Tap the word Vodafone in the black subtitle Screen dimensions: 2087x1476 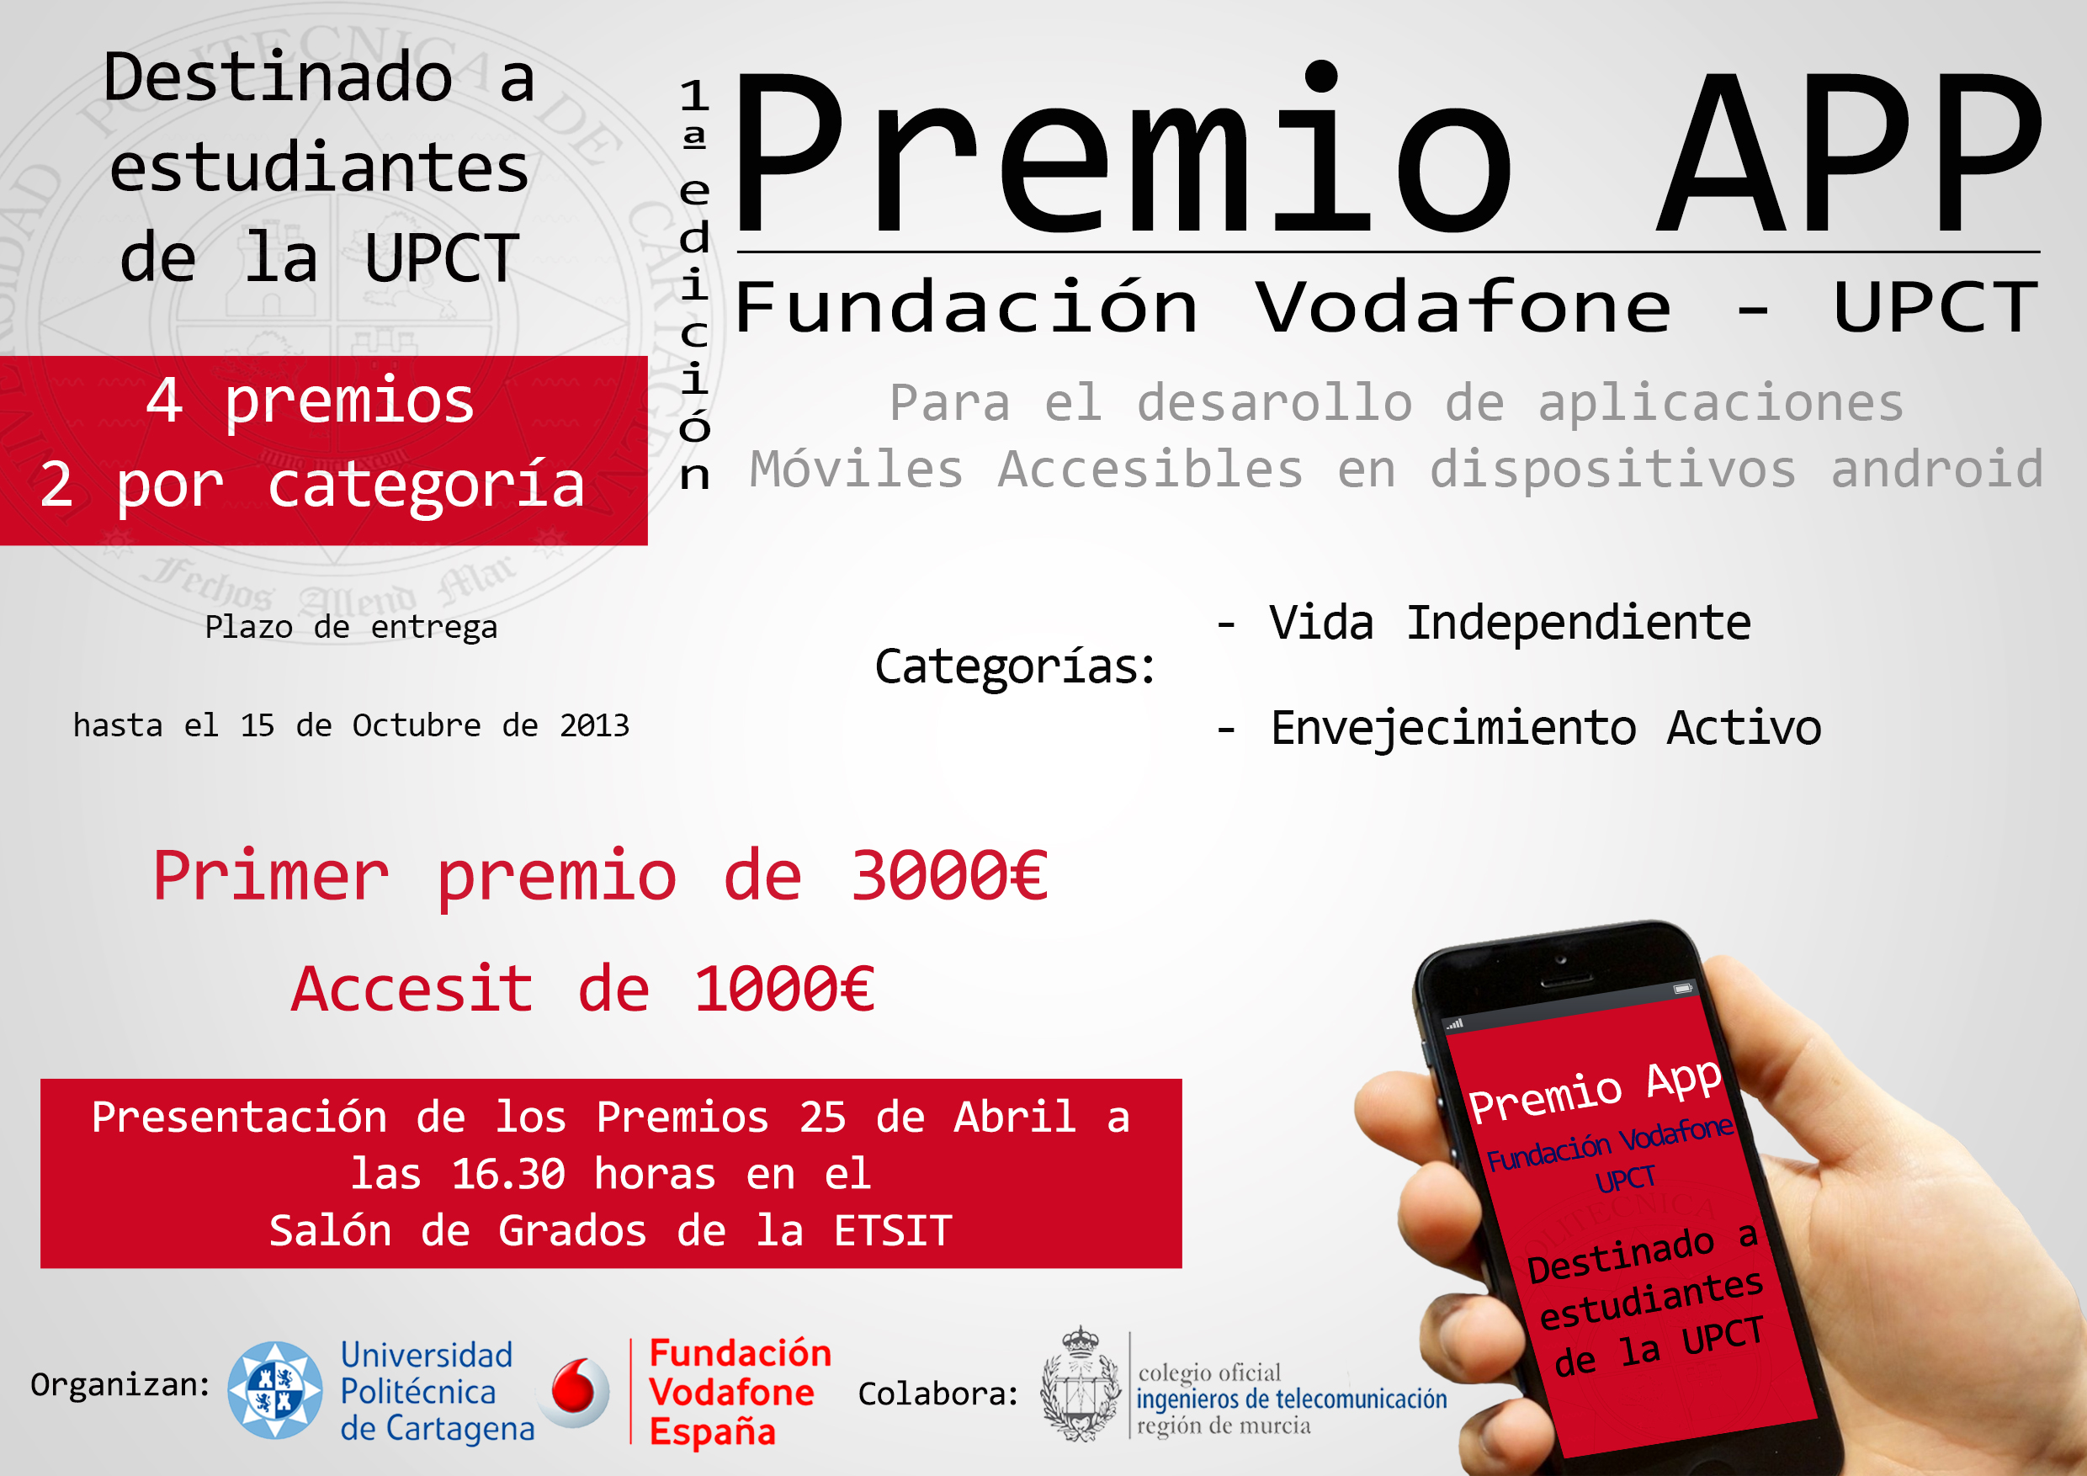coord(1463,306)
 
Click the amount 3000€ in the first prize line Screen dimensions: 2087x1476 coord(949,875)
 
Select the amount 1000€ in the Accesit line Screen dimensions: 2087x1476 coord(784,989)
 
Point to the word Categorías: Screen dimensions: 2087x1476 coord(1016,666)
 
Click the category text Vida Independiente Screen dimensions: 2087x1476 coord(1510,623)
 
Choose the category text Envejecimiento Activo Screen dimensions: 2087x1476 coord(1545,727)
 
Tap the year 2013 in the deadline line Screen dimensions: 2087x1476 coord(593,725)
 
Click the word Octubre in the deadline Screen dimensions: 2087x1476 coord(417,725)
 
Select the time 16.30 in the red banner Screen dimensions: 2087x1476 coord(509,1173)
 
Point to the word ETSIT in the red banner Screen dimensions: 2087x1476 coord(893,1230)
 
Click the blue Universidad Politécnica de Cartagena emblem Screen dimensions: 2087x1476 coord(274,1389)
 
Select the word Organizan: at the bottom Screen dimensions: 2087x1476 coord(120,1385)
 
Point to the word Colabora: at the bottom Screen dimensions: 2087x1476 coord(938,1394)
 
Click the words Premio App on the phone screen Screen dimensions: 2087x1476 coord(1596,1091)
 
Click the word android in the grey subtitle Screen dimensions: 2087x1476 coord(1937,469)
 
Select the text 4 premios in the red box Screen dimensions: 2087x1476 coord(310,400)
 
